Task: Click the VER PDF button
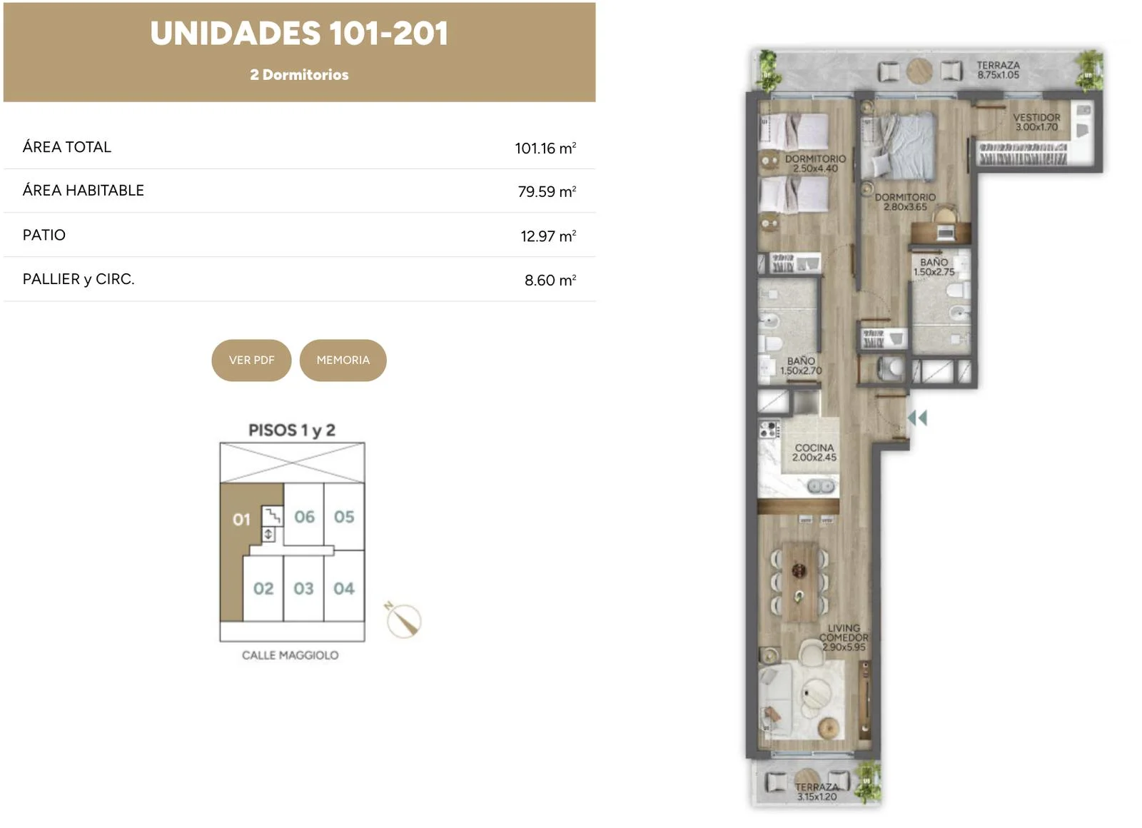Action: coord(251,360)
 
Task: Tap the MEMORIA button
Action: coord(343,360)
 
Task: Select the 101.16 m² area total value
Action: coord(545,148)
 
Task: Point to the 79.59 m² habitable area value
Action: coord(547,191)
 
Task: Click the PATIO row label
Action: coord(44,235)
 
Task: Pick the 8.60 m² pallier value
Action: coord(550,280)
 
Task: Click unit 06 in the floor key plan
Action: coord(304,517)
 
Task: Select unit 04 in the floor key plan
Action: coord(343,588)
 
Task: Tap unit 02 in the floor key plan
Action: coord(263,588)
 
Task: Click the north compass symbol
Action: coord(403,620)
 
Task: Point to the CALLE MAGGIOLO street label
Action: coord(290,655)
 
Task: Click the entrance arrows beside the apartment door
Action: coord(918,418)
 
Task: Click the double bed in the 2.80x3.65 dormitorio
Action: coord(899,146)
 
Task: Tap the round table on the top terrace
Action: coord(920,71)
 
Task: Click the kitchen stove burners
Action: coord(769,429)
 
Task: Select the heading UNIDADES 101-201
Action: coord(299,34)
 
